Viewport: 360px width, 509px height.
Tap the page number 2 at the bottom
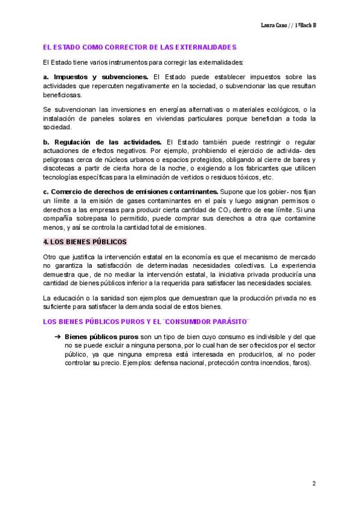pos(314,483)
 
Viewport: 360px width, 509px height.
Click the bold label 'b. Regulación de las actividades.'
pos(103,141)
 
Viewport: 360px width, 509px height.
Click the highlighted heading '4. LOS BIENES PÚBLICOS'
pos(85,242)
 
